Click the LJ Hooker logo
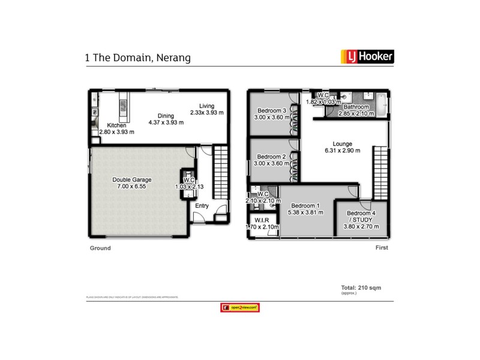(367, 58)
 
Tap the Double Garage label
(132, 179)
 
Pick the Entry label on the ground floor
(202, 206)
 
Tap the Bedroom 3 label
(271, 110)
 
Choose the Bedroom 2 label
(271, 157)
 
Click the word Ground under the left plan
(100, 248)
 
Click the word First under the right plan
(382, 248)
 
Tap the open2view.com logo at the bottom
(240, 307)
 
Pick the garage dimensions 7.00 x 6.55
(132, 187)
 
